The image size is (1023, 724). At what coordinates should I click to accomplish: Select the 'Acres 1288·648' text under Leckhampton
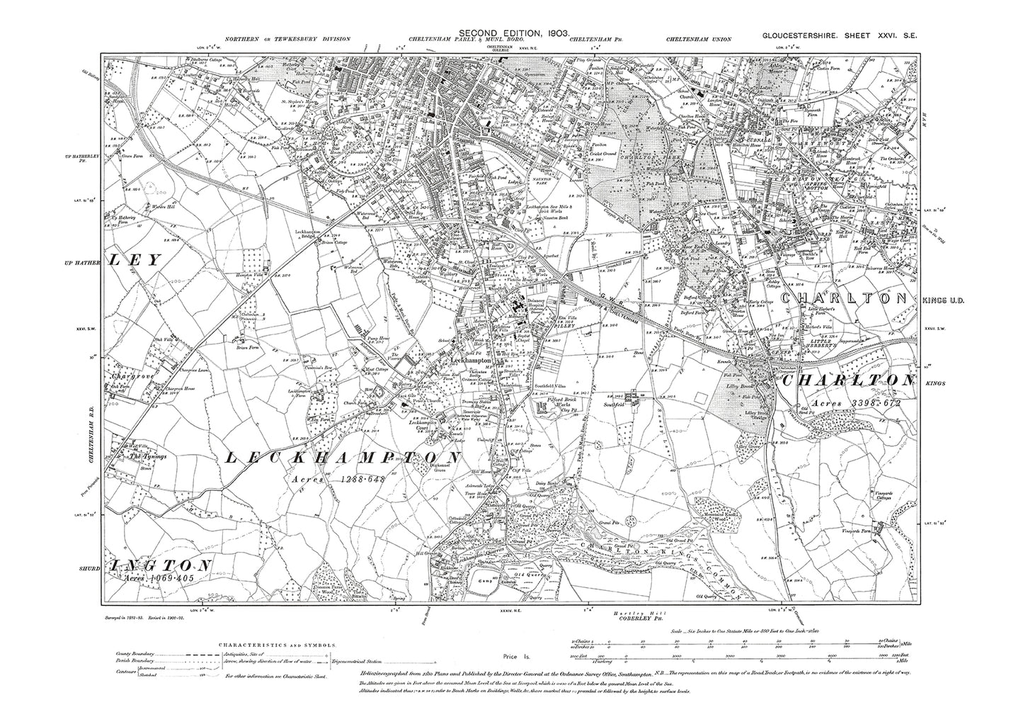338,480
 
